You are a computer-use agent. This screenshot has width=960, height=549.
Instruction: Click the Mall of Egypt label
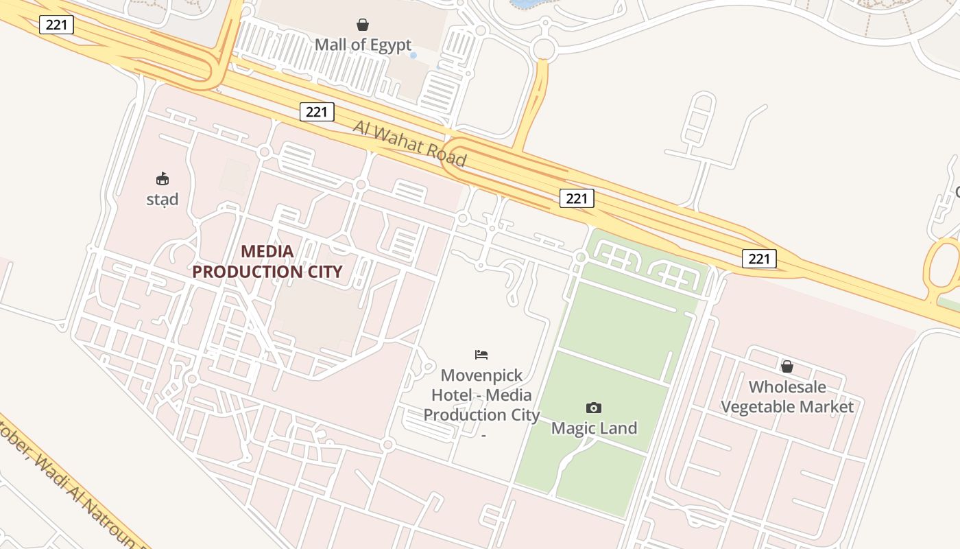[x=363, y=45]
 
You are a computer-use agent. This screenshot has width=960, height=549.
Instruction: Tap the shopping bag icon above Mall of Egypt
[x=363, y=25]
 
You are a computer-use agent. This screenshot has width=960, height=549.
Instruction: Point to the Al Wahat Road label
[x=410, y=144]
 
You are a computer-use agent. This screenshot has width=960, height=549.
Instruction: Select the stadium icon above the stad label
[x=163, y=179]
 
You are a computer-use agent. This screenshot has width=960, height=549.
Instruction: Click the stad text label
[x=163, y=200]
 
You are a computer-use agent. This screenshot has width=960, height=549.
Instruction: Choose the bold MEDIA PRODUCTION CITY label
[x=267, y=261]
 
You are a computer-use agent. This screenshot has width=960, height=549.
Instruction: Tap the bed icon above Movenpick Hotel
[x=481, y=355]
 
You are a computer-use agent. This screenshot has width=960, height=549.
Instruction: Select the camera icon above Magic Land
[x=594, y=408]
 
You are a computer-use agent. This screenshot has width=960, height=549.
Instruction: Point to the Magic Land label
[x=594, y=428]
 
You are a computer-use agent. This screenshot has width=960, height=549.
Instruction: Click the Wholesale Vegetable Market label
[x=787, y=397]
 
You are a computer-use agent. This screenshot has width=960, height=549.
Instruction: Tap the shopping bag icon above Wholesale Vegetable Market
[x=787, y=366]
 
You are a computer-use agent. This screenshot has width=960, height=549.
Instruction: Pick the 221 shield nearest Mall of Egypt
[x=317, y=112]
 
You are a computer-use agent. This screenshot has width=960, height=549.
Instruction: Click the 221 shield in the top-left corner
[x=56, y=25]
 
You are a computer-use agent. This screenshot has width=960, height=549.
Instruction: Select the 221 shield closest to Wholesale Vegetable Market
[x=759, y=259]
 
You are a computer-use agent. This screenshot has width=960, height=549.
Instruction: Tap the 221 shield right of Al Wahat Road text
[x=577, y=198]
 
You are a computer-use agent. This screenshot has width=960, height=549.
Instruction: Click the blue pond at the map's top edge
[x=525, y=3]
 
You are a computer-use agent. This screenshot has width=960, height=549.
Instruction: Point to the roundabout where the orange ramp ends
[x=543, y=49]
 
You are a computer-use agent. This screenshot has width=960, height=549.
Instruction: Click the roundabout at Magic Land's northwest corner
[x=581, y=257]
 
